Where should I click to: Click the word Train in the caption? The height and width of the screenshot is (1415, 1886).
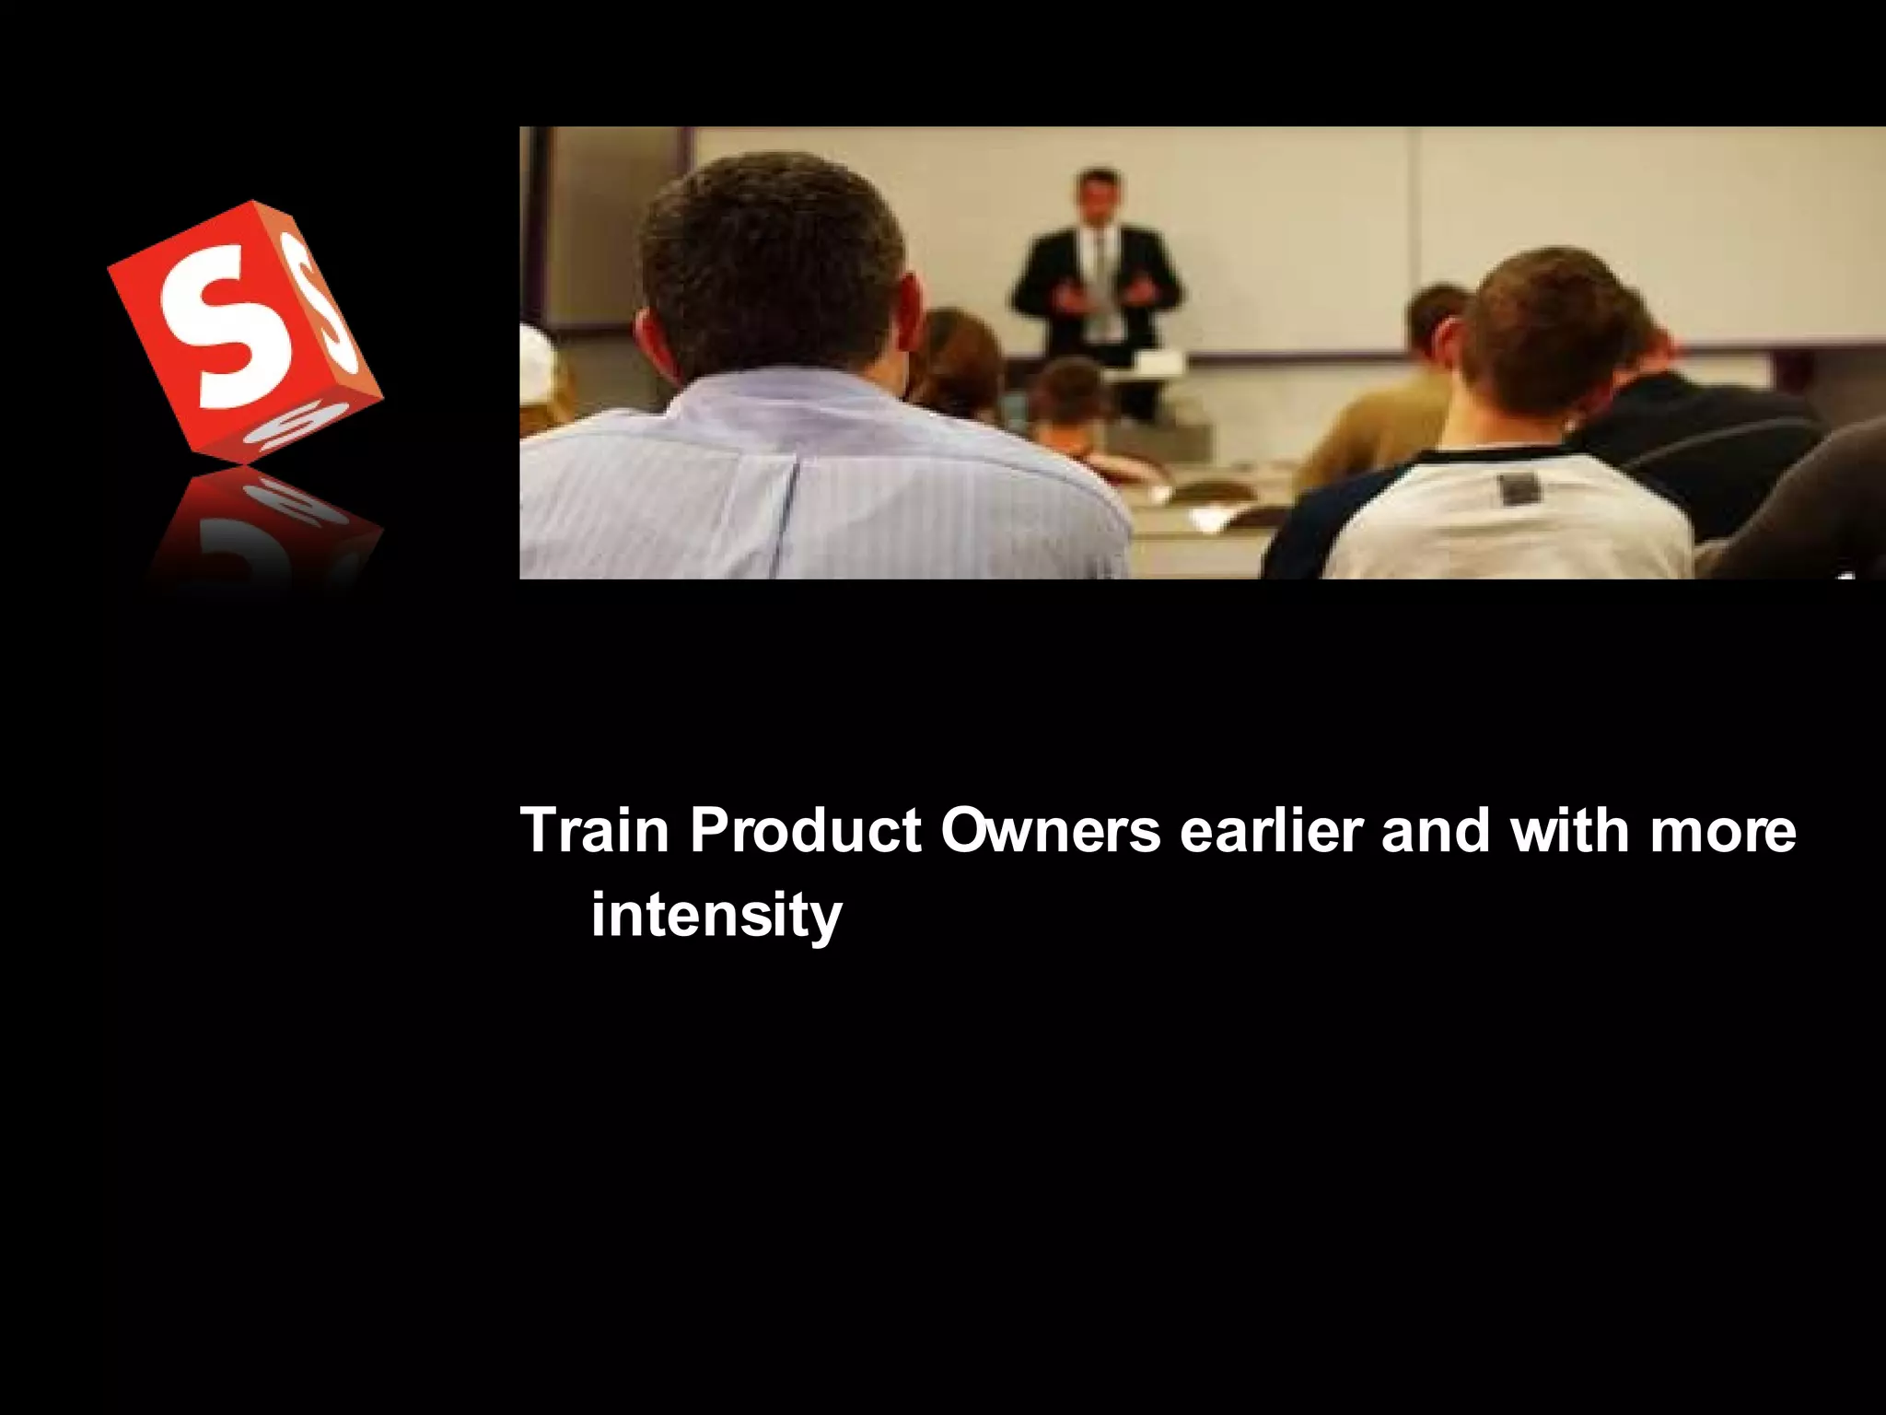(x=595, y=831)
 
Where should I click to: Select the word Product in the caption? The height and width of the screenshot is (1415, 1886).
(x=806, y=831)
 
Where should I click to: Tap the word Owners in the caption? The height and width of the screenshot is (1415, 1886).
(x=1051, y=831)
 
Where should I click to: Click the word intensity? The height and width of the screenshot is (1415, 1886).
(x=716, y=916)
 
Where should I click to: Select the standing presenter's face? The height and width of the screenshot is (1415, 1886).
(x=1097, y=198)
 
